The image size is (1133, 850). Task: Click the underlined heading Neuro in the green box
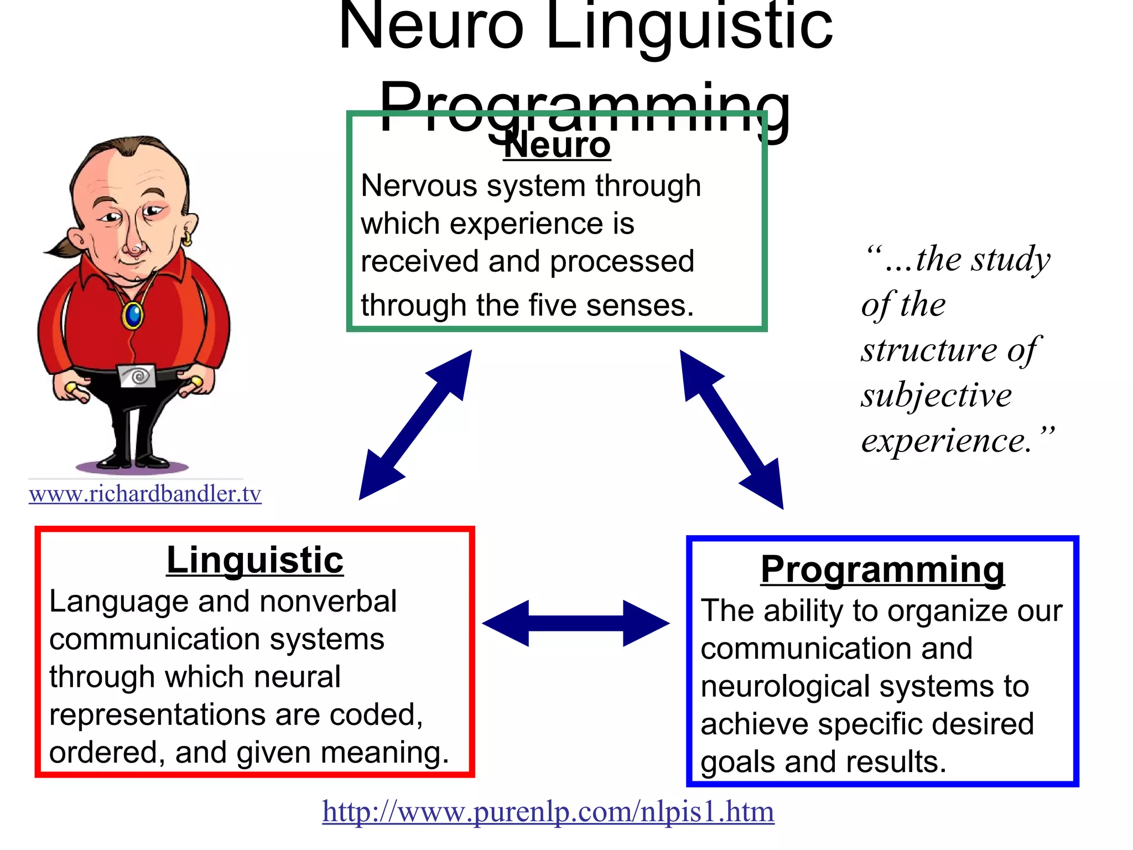(x=557, y=146)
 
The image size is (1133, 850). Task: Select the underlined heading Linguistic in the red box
(x=255, y=560)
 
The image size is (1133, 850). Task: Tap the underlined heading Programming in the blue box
(x=882, y=569)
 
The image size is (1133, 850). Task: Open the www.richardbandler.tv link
(x=145, y=494)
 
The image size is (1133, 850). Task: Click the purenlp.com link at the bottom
(x=548, y=812)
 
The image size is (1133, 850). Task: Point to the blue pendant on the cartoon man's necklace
(x=133, y=315)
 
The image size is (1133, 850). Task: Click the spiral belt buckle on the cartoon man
(x=138, y=376)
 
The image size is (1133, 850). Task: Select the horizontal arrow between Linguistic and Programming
(x=576, y=623)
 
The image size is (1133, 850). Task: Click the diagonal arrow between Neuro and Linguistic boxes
(x=415, y=424)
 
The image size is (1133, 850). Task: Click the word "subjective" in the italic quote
(x=936, y=395)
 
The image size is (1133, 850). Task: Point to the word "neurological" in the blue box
(x=785, y=687)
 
